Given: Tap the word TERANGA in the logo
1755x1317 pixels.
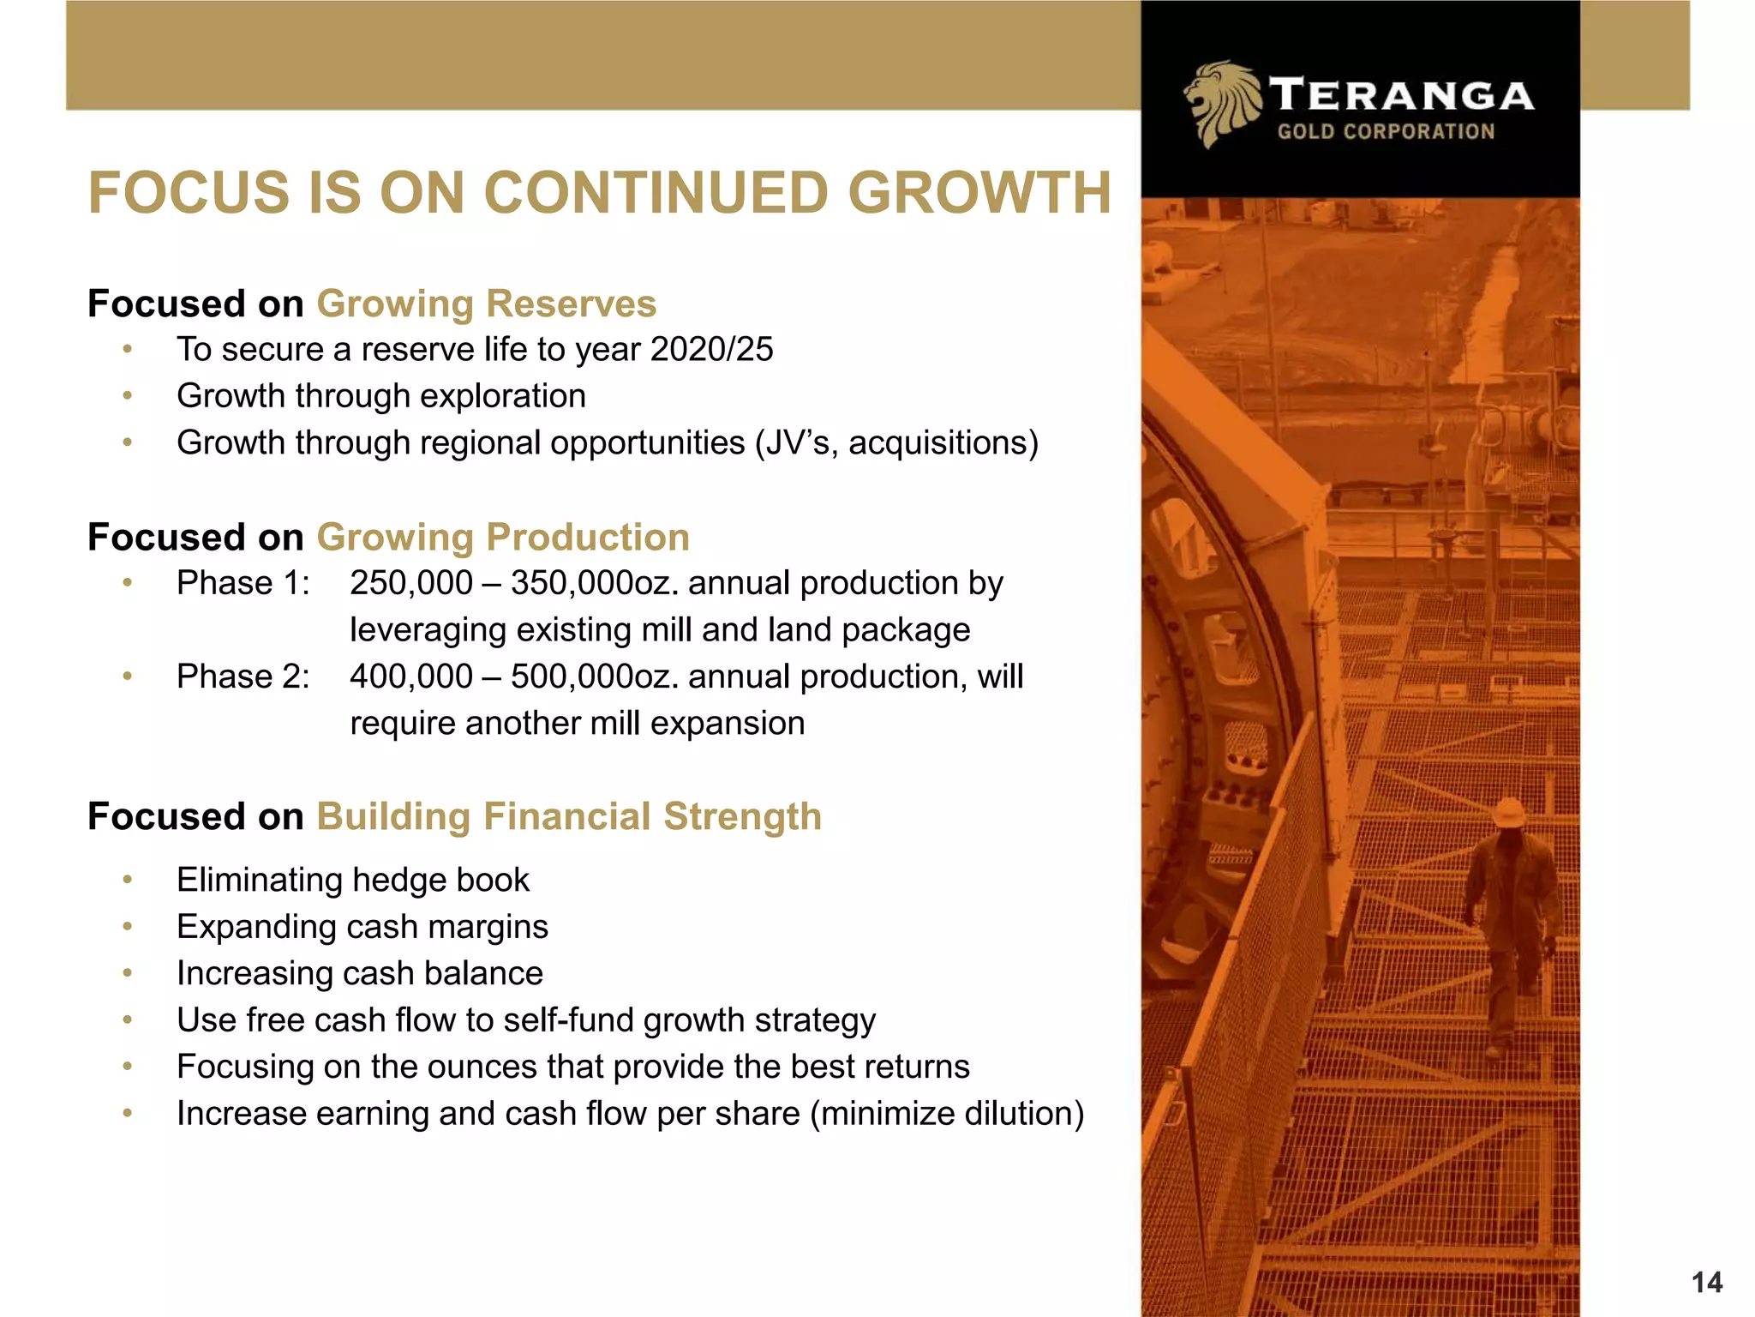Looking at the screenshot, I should [x=1401, y=94].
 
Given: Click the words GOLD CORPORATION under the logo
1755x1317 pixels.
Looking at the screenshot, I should [x=1386, y=131].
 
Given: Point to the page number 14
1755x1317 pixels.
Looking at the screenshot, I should [x=1706, y=1283].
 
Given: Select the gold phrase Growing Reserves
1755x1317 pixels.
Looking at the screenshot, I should [x=486, y=304].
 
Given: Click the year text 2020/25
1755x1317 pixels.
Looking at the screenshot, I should [x=711, y=350].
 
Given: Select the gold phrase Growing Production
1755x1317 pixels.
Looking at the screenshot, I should [x=503, y=538].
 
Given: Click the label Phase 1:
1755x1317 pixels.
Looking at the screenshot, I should [x=243, y=583].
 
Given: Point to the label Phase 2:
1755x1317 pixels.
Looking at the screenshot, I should [x=243, y=677].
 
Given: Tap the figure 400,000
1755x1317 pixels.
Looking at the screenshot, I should [x=411, y=677].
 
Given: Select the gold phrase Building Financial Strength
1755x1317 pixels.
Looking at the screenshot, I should [x=569, y=816].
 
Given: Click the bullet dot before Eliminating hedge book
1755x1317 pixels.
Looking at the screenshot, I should [x=128, y=880].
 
